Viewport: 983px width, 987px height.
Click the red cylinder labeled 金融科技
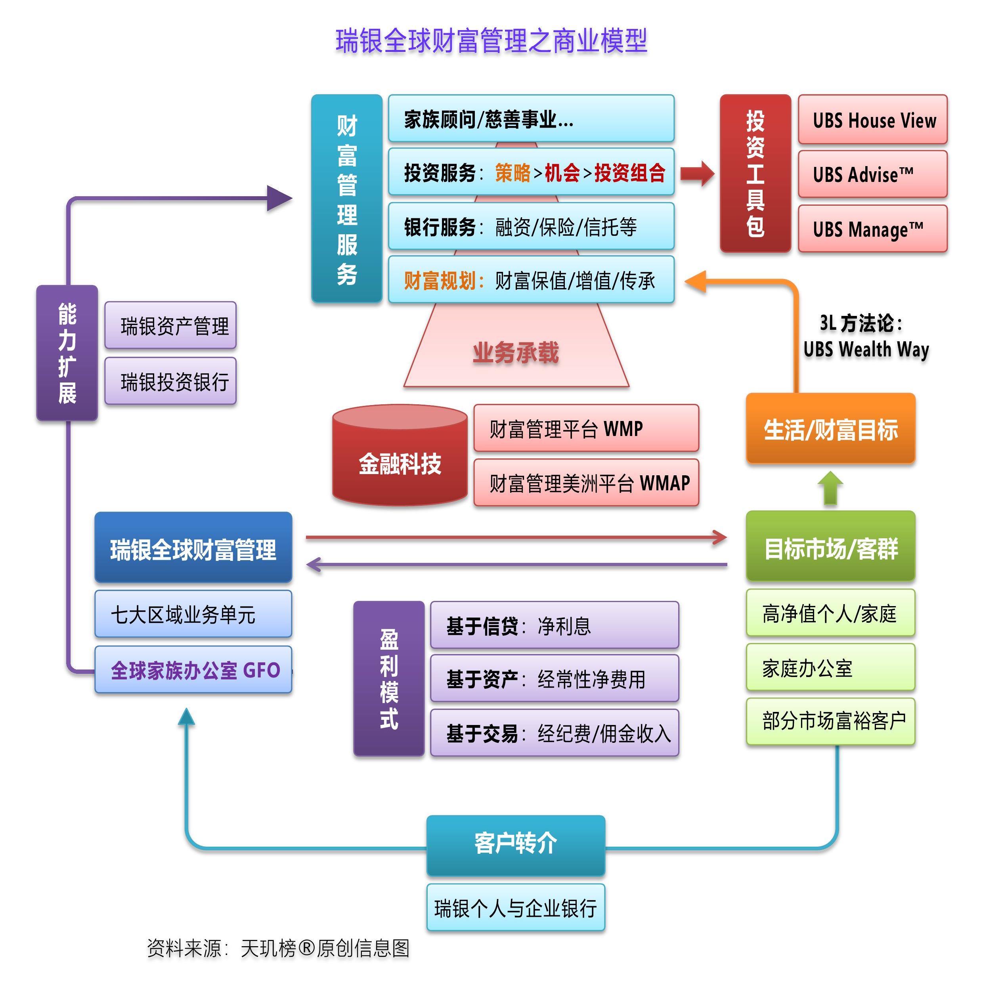[400, 456]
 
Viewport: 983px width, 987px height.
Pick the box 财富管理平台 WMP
[585, 428]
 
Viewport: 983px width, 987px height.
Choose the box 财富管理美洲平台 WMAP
[585, 483]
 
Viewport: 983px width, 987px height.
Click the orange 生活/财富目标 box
[830, 429]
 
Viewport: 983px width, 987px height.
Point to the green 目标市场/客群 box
[830, 547]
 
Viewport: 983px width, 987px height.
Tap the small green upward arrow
[830, 488]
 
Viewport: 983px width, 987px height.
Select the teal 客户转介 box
[516, 844]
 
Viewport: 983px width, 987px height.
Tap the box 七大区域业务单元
[193, 614]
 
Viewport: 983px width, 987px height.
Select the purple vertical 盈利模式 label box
[389, 679]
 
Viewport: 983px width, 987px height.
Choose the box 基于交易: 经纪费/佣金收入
[555, 733]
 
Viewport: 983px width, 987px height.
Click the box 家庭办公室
[830, 668]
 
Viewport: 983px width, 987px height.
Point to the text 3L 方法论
[861, 323]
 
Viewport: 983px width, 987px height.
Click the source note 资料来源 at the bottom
[278, 948]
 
